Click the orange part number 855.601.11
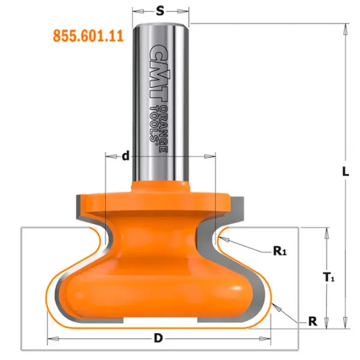point(88,36)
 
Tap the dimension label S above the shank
point(160,11)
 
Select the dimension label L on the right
point(346,172)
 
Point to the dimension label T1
point(329,277)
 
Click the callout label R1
point(280,251)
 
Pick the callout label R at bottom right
point(313,322)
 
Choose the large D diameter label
point(158,338)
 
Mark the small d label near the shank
point(125,156)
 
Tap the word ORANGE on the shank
point(163,129)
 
